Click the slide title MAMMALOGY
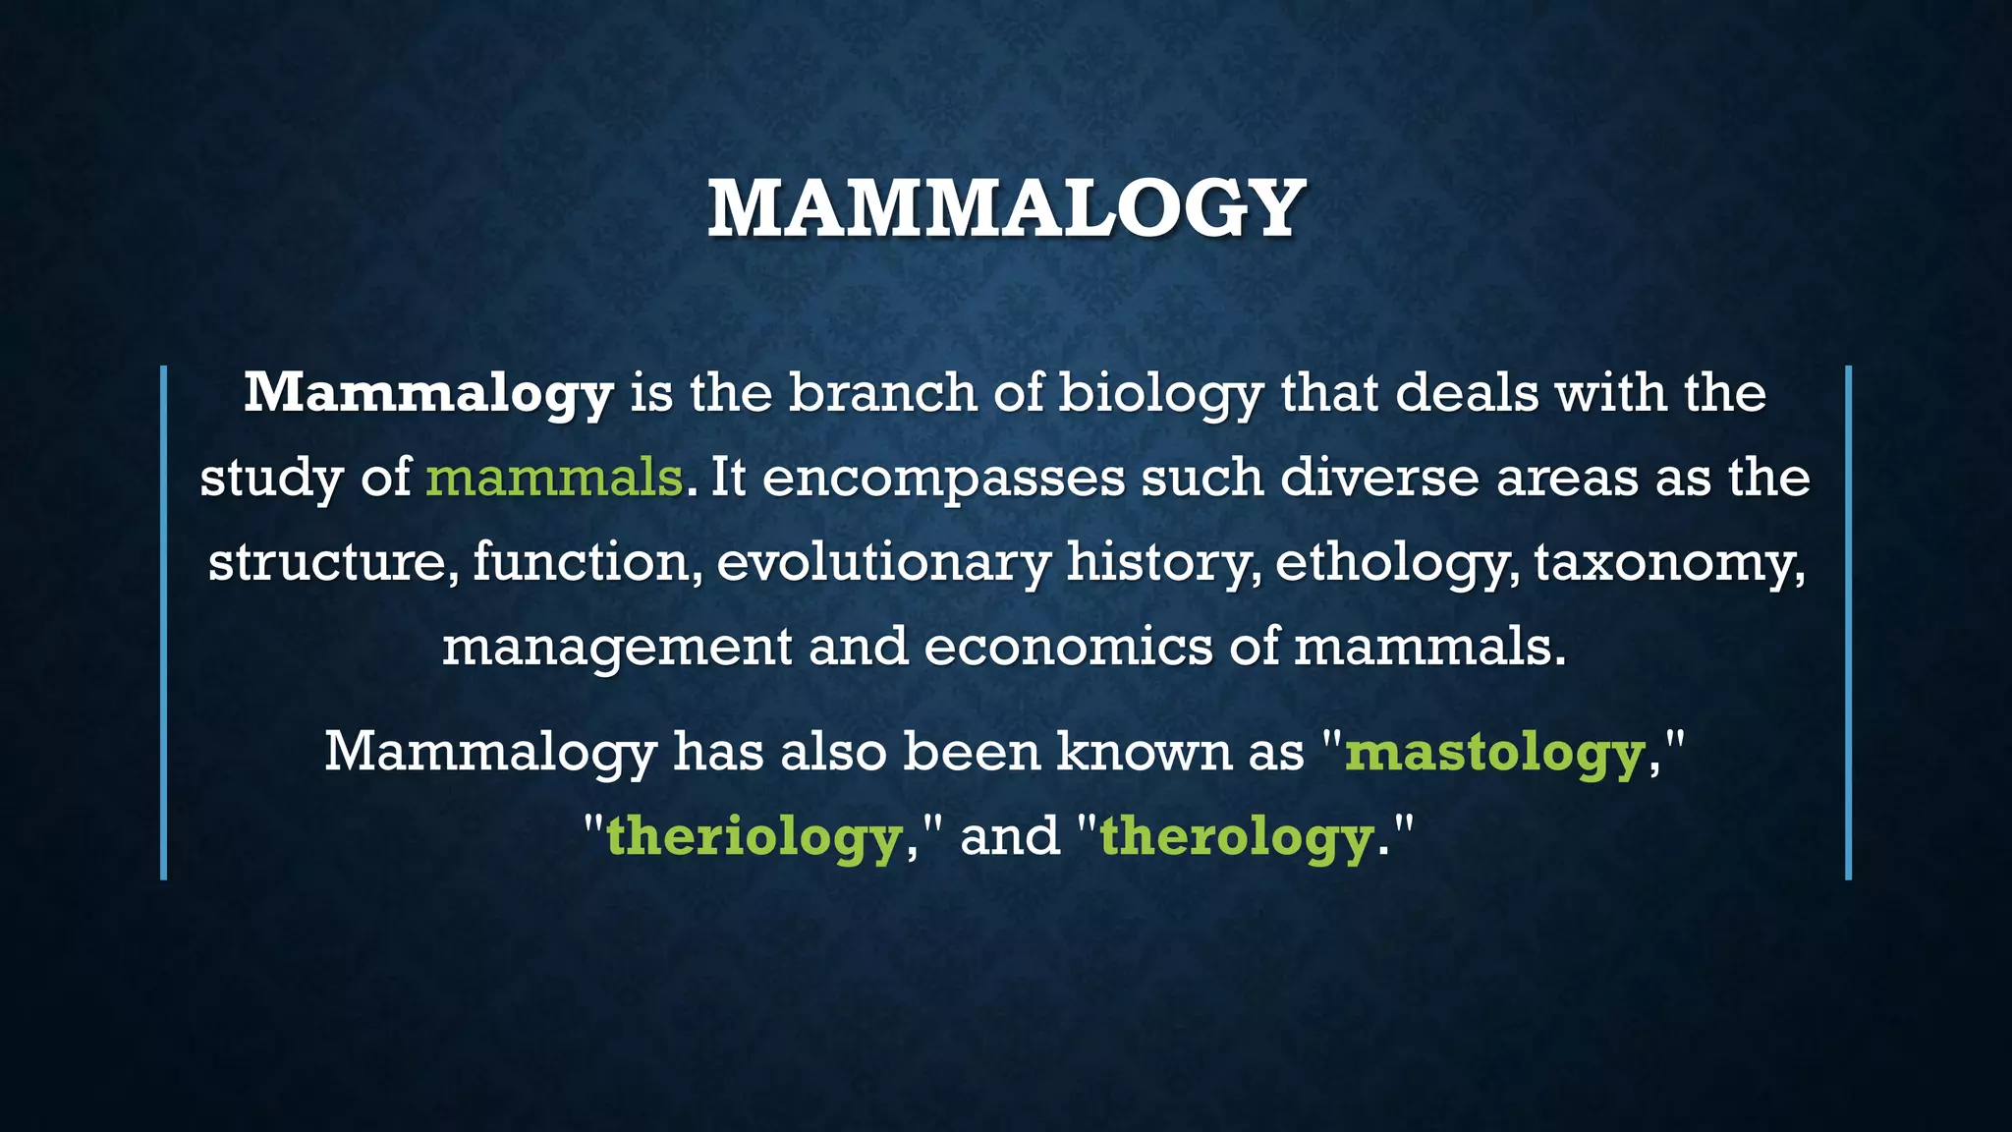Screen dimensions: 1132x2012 click(x=1006, y=208)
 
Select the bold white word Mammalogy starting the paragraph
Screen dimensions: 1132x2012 click(x=428, y=394)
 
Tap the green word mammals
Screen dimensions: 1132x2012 click(x=554, y=478)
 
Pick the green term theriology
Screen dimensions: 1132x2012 click(x=754, y=837)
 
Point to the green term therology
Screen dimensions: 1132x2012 click(x=1236, y=837)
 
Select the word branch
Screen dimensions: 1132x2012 click(x=882, y=392)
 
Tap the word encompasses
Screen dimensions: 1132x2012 click(x=943, y=479)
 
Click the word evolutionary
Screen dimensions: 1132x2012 click(x=883, y=563)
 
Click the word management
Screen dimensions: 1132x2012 click(x=617, y=648)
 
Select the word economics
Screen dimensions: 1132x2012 click(x=1068, y=647)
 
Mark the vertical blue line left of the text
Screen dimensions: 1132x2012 click(x=164, y=622)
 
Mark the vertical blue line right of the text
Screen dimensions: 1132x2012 click(x=1848, y=622)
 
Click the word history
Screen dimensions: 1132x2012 click(x=1163, y=563)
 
